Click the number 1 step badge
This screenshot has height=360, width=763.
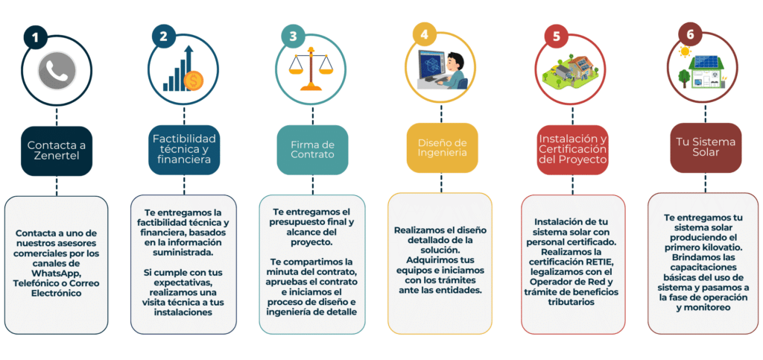click(35, 37)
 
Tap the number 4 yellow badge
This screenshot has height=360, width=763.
click(424, 34)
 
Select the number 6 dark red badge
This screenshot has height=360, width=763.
click(690, 34)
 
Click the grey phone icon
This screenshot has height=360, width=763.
click(57, 74)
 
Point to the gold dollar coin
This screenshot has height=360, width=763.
click(194, 80)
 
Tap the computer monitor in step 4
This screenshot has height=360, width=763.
click(433, 64)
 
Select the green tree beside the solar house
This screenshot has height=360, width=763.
click(685, 78)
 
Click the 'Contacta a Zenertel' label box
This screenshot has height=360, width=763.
click(57, 151)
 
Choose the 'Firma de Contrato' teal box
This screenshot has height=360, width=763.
click(312, 150)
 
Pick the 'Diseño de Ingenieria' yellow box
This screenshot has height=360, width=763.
click(443, 148)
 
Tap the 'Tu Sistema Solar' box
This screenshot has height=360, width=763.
click(706, 147)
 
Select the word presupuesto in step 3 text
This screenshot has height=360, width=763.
click(297, 222)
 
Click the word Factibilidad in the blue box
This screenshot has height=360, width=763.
click(183, 139)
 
